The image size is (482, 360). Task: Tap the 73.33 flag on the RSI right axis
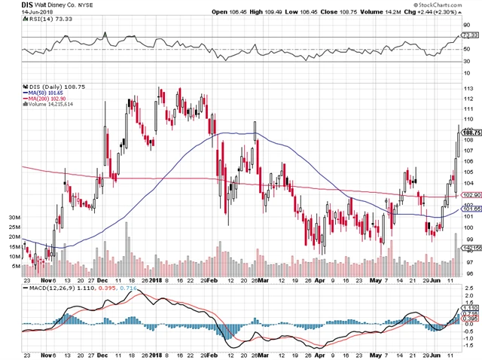[470, 35]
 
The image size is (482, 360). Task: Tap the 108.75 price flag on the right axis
[470, 132]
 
